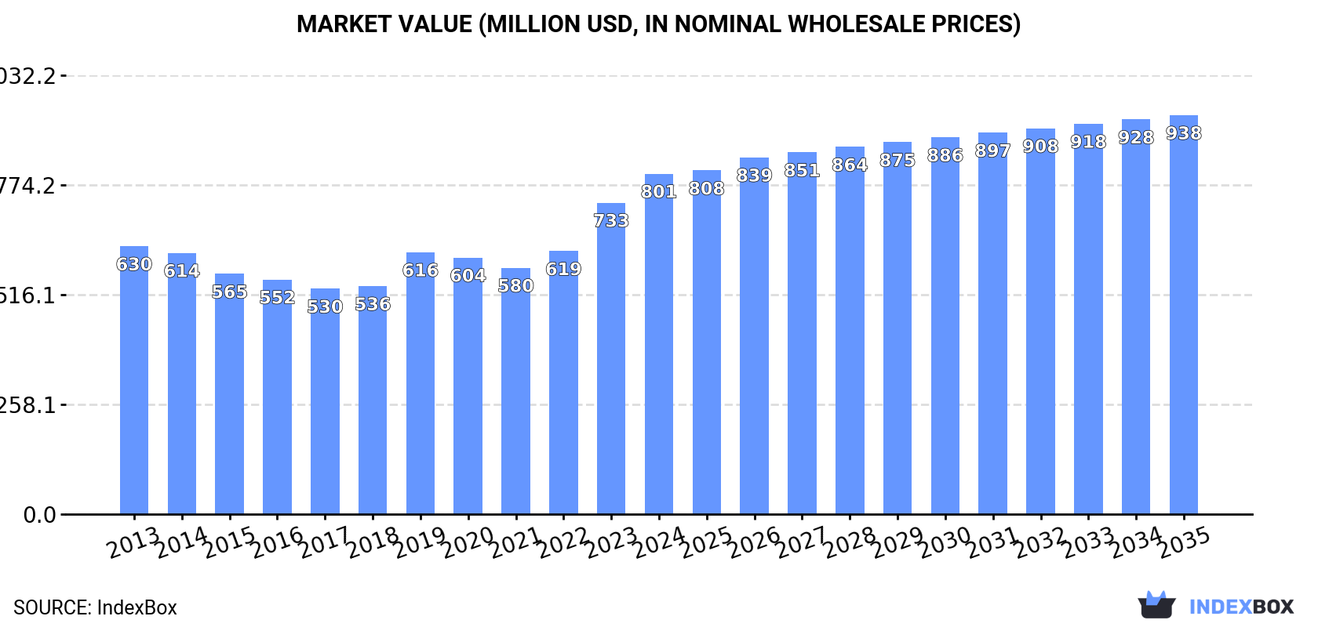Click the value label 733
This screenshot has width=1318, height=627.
(611, 221)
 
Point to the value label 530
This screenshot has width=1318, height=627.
(325, 306)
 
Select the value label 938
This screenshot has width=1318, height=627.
(1183, 133)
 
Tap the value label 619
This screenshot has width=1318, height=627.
(563, 269)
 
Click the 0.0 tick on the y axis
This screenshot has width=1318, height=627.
(40, 515)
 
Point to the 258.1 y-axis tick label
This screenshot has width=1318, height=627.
(28, 405)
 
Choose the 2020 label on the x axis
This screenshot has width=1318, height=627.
(468, 542)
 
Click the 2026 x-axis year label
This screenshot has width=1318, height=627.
(754, 542)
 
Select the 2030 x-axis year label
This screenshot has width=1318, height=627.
(945, 542)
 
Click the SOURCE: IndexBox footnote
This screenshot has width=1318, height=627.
(95, 607)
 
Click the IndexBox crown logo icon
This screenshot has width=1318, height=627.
(1156, 605)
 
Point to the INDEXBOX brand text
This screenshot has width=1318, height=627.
(1241, 607)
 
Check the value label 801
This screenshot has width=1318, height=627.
(658, 191)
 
